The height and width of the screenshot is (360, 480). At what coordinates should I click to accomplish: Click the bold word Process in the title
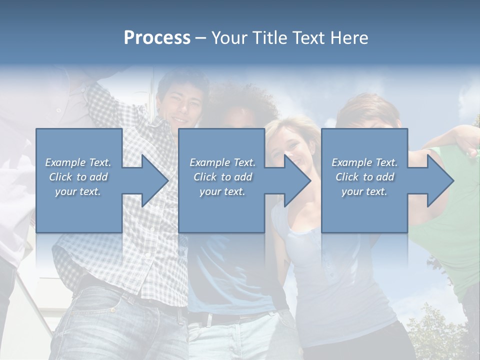[x=157, y=38]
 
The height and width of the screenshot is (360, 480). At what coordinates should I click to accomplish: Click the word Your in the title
[x=229, y=38]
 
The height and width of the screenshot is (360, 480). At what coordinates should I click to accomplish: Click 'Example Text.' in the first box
[x=78, y=162]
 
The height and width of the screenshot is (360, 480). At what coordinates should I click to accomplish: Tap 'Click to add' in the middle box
[x=222, y=177]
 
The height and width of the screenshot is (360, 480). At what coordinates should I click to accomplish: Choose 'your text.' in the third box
[x=364, y=191]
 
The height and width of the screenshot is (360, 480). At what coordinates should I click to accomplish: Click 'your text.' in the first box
[x=78, y=191]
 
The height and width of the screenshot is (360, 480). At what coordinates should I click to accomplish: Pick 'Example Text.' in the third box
[x=364, y=162]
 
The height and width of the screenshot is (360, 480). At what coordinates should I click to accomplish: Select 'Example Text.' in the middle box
[x=222, y=162]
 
